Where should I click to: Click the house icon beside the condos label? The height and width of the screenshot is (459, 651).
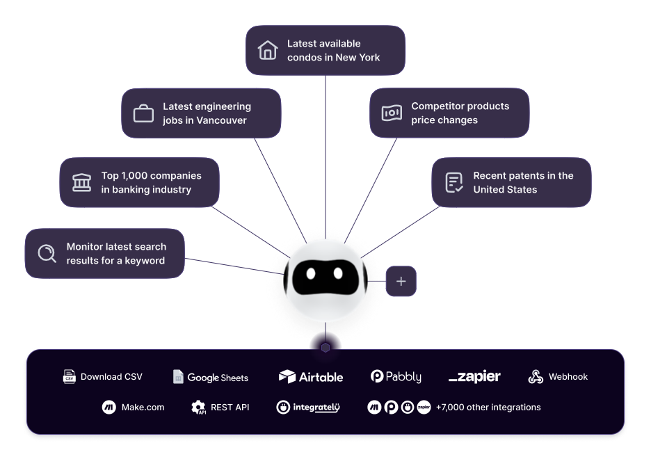(x=268, y=50)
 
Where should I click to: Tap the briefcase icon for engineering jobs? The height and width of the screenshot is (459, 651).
(x=143, y=113)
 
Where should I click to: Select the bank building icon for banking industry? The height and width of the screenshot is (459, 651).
(x=81, y=182)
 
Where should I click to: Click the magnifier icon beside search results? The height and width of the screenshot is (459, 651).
(x=47, y=253)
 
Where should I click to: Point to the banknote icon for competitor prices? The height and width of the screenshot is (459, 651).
(x=392, y=113)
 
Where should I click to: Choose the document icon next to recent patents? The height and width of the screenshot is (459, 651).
(x=453, y=182)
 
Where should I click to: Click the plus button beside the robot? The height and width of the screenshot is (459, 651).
(x=401, y=281)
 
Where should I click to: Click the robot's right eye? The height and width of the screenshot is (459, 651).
(x=338, y=273)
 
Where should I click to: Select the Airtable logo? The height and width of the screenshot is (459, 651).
(x=311, y=377)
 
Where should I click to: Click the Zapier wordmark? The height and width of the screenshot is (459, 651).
(x=474, y=377)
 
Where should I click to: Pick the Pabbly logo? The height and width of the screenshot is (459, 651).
(x=396, y=377)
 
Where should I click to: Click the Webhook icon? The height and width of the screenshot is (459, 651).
(x=536, y=377)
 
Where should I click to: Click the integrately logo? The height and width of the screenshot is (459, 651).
(x=308, y=408)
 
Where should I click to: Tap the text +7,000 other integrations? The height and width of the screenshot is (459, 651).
(x=488, y=408)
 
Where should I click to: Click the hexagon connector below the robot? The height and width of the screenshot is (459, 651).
(x=325, y=346)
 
